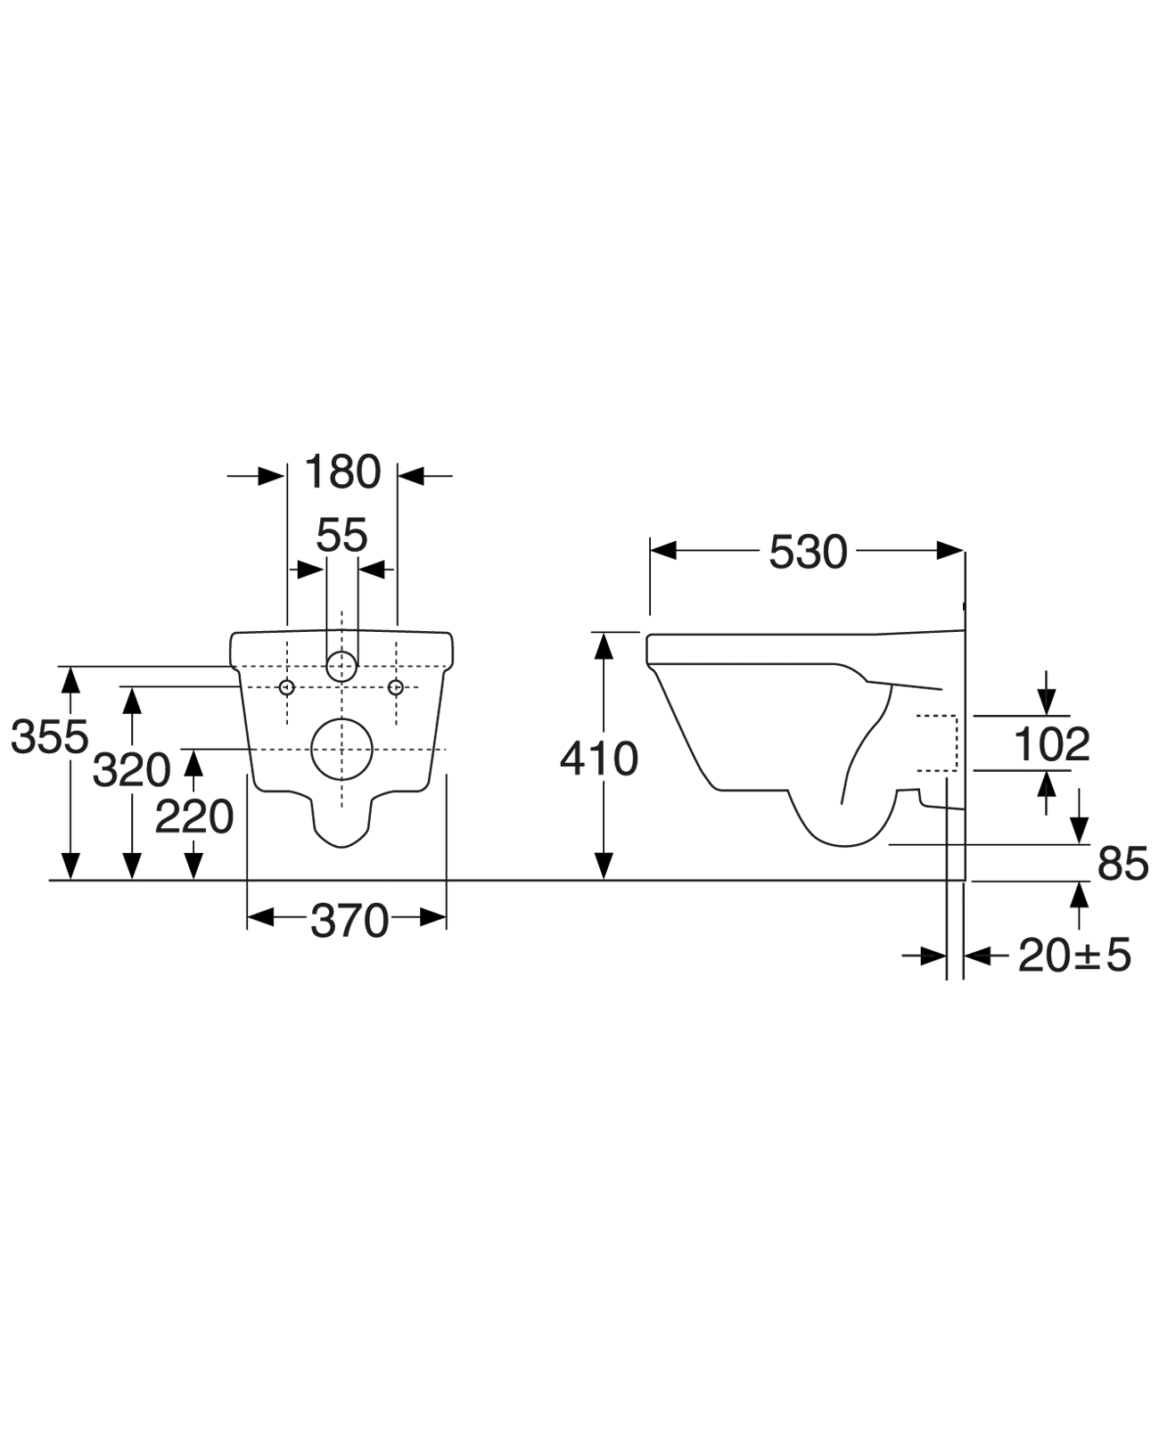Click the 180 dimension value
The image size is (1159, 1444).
coord(342,472)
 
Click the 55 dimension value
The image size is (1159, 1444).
coord(341,536)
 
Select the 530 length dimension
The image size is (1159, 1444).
coord(808,552)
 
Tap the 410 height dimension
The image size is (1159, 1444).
coord(599,759)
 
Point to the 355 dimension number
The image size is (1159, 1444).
coord(50,737)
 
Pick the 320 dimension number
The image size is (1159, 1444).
coord(132,770)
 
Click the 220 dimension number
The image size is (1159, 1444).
coord(194,816)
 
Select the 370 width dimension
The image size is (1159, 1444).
coord(349,921)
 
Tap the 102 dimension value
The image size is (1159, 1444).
coord(1052,744)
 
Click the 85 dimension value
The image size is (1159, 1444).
coord(1122,864)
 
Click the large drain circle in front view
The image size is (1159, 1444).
coord(342,750)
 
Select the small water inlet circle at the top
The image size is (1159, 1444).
coord(341,666)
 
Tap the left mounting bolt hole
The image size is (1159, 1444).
coord(287,686)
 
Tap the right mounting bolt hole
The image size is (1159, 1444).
coord(396,686)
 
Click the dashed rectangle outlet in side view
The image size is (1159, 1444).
coord(938,743)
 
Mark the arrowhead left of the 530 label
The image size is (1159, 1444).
coord(664,552)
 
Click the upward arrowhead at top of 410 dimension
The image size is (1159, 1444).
coord(604,645)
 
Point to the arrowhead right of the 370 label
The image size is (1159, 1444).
coord(432,917)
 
